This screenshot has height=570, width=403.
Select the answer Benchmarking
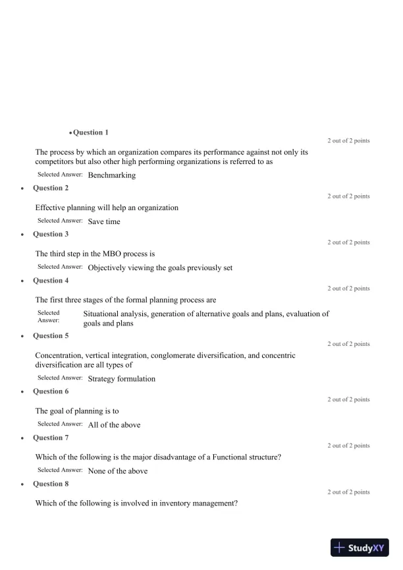point(111,175)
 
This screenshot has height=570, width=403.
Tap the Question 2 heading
point(51,188)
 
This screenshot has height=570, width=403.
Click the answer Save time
point(104,221)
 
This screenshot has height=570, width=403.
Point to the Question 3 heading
point(51,234)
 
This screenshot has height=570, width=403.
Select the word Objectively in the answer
point(108,268)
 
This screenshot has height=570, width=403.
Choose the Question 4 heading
point(51,280)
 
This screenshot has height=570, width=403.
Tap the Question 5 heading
point(51,335)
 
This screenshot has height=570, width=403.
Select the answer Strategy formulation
point(121,379)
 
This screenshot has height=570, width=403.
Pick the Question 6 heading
point(51,391)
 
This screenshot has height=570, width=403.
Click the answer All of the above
point(114,425)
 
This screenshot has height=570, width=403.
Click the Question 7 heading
point(51,438)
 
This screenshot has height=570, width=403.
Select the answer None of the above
point(117,471)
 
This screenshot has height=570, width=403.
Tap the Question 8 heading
point(51,484)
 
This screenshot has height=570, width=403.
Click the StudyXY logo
point(359,547)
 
